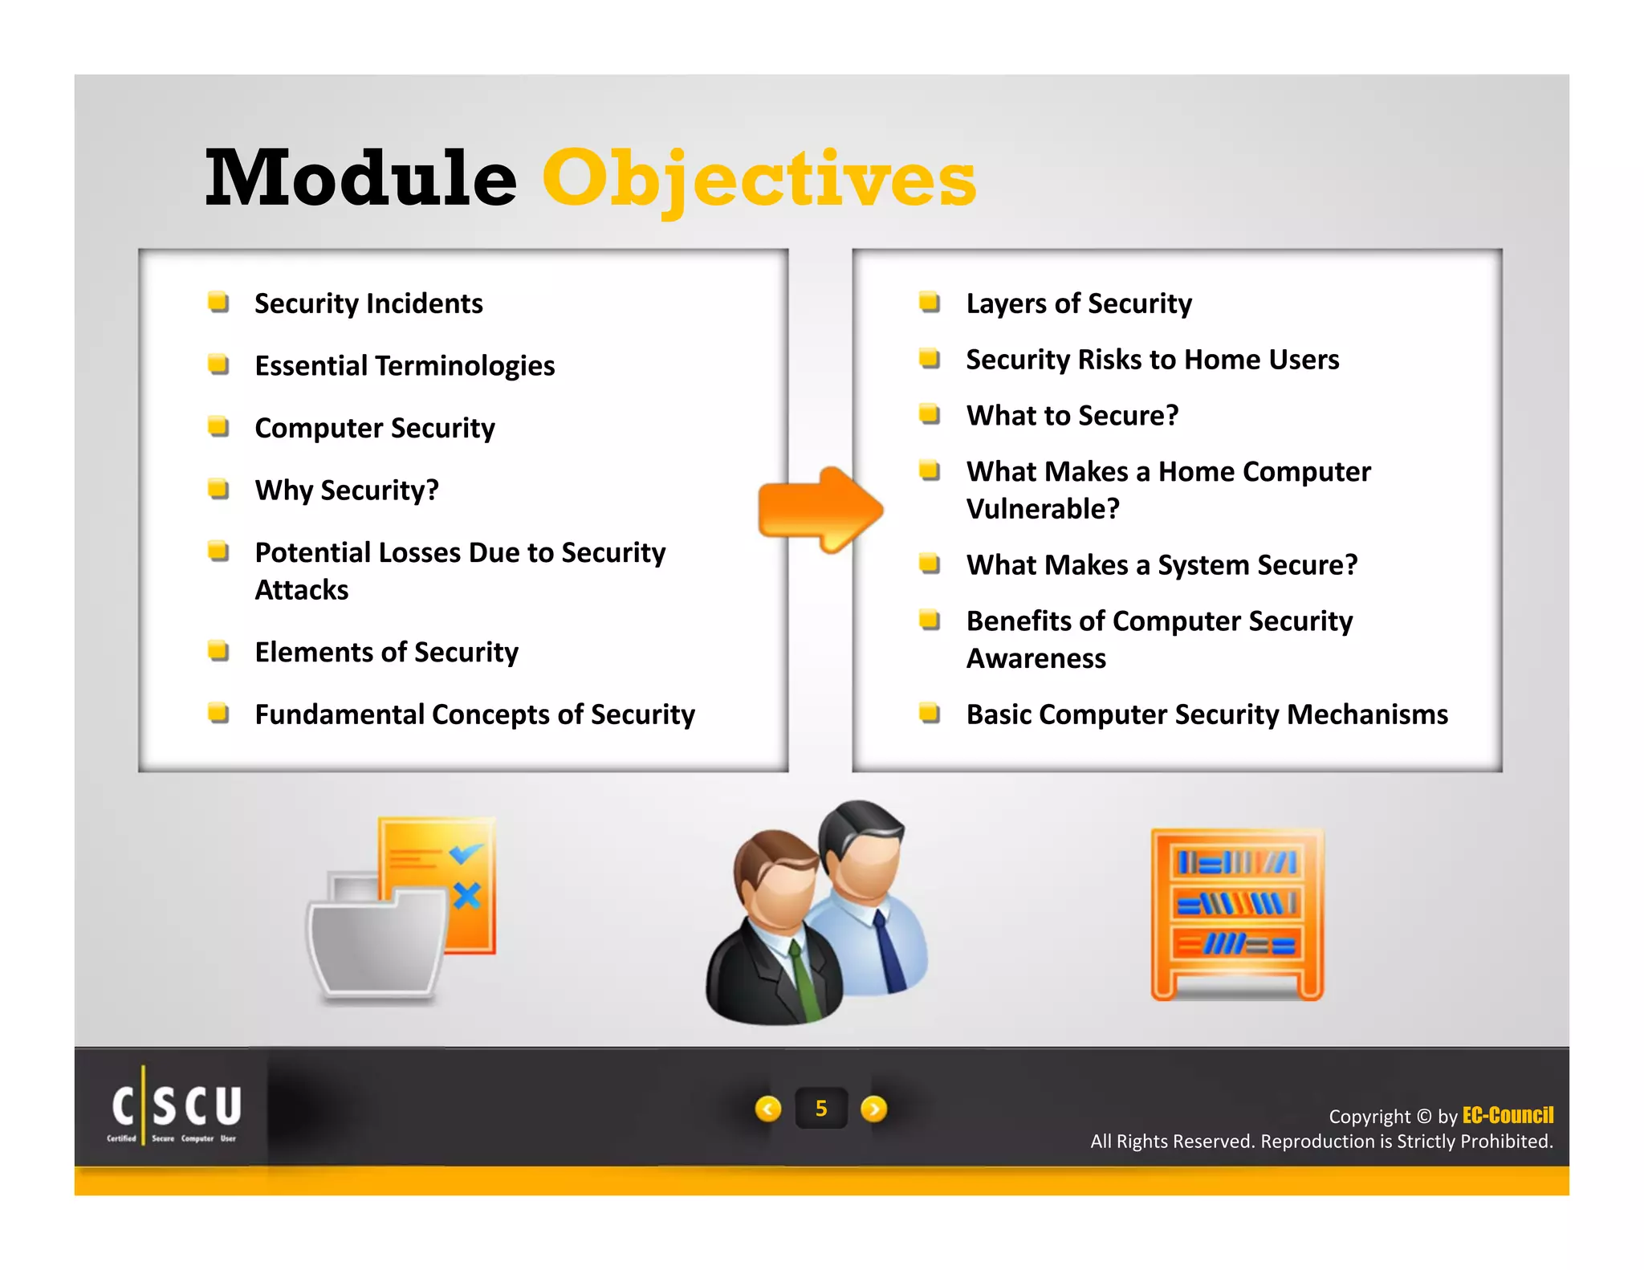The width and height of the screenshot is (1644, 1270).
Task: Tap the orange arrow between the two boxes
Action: tap(820, 510)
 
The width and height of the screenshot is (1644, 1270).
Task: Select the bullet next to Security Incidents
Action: tap(218, 303)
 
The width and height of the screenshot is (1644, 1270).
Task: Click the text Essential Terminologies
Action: tap(405, 366)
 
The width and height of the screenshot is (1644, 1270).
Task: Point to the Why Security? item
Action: tap(347, 490)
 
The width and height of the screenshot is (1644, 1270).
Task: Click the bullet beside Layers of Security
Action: tap(930, 303)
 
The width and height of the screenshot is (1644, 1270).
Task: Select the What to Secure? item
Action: tap(1072, 416)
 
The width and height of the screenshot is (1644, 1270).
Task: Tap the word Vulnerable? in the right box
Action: tap(1042, 509)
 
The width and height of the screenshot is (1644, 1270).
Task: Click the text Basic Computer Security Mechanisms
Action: tap(1207, 714)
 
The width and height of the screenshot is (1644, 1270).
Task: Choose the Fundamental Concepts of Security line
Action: tap(474, 714)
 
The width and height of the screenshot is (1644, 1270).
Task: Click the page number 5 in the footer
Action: tap(820, 1109)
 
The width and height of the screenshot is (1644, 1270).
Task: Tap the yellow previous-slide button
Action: tap(768, 1109)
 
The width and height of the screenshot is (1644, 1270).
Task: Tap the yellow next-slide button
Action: tap(873, 1109)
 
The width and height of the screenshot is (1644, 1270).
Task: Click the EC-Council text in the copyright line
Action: tap(1508, 1115)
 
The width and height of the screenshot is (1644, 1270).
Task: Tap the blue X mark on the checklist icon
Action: tap(466, 894)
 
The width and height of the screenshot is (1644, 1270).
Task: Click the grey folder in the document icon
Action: tap(376, 947)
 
